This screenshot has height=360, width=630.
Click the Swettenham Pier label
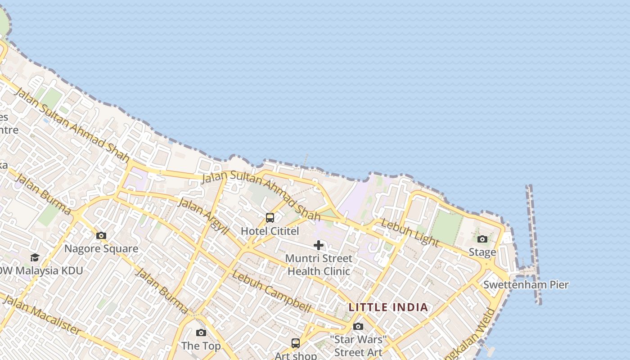(x=526, y=284)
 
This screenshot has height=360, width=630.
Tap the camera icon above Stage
(x=482, y=239)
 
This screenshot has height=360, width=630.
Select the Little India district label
(x=388, y=307)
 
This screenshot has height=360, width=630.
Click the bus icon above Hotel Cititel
(x=270, y=218)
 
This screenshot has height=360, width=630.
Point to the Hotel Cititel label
(x=270, y=231)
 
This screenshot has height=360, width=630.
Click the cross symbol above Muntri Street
(x=319, y=245)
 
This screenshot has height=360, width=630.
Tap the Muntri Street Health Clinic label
(x=319, y=265)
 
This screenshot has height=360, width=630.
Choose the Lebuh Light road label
(x=409, y=233)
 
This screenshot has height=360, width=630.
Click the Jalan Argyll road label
(x=203, y=216)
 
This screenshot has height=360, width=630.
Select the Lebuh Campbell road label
(x=272, y=292)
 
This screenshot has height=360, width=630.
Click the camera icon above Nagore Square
(x=101, y=235)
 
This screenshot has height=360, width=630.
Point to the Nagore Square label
(x=101, y=248)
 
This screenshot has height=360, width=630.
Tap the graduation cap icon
(x=35, y=257)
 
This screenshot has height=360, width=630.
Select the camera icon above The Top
(x=201, y=333)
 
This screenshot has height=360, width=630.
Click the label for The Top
(x=201, y=346)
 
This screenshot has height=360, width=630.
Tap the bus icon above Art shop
(x=296, y=343)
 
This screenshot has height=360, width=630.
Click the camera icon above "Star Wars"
(x=358, y=326)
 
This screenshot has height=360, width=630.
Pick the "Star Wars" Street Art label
(x=358, y=346)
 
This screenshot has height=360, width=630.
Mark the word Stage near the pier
(x=482, y=252)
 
